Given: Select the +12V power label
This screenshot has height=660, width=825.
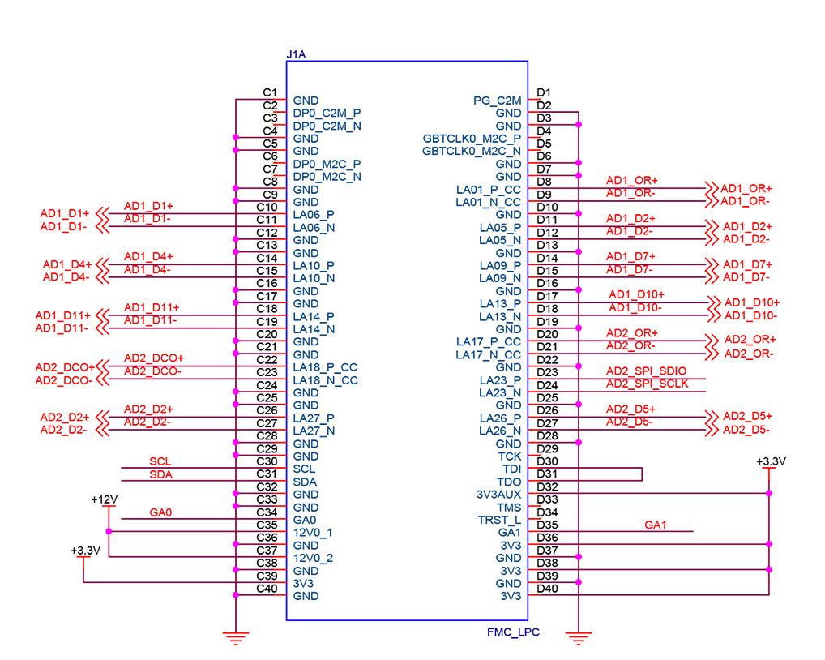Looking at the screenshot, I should [x=105, y=499].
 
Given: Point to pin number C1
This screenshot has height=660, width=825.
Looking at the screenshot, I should [x=271, y=92].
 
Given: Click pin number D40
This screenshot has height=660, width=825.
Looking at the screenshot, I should [x=548, y=589].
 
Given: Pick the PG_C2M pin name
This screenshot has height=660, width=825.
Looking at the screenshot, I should [x=498, y=101].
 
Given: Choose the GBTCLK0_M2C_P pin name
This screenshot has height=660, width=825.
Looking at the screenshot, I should [x=472, y=139].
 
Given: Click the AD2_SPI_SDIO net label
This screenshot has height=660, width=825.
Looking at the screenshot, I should [x=646, y=371].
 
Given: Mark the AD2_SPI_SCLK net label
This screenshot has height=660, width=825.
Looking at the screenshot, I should [x=648, y=384].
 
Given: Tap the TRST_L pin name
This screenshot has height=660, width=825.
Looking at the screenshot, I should [x=499, y=520].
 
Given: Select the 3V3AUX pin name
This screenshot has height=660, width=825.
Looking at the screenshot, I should [x=498, y=494].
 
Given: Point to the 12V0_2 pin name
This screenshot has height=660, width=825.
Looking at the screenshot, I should [x=314, y=558].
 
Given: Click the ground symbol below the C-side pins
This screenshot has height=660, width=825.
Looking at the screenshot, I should [x=235, y=639].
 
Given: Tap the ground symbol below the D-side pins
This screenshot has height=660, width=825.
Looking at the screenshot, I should [x=578, y=639].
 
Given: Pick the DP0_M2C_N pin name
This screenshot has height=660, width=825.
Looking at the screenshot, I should [x=327, y=177].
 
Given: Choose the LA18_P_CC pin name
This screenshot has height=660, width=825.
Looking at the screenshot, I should [x=325, y=367].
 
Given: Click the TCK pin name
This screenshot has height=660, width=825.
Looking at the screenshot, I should [x=510, y=456].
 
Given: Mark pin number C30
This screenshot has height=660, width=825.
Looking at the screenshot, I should [x=267, y=461].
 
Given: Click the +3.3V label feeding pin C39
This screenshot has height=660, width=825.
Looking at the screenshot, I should [x=85, y=551].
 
